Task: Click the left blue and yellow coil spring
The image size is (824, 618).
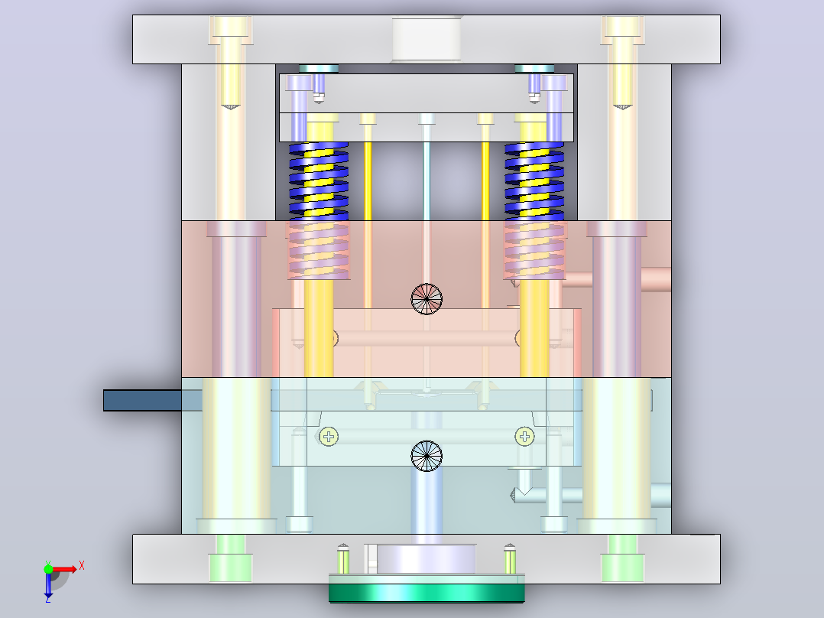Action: (x=319, y=181)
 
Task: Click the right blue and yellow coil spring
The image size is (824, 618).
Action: (x=534, y=181)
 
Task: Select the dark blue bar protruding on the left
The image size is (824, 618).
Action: (x=142, y=400)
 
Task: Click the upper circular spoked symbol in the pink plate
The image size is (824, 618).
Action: (x=427, y=299)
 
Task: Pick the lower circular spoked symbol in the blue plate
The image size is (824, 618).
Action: (x=427, y=456)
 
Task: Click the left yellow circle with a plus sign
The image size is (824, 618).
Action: (x=329, y=437)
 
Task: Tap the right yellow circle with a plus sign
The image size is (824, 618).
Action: (x=524, y=437)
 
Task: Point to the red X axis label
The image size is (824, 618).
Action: (x=82, y=566)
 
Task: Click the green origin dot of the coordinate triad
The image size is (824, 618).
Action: (x=48, y=570)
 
